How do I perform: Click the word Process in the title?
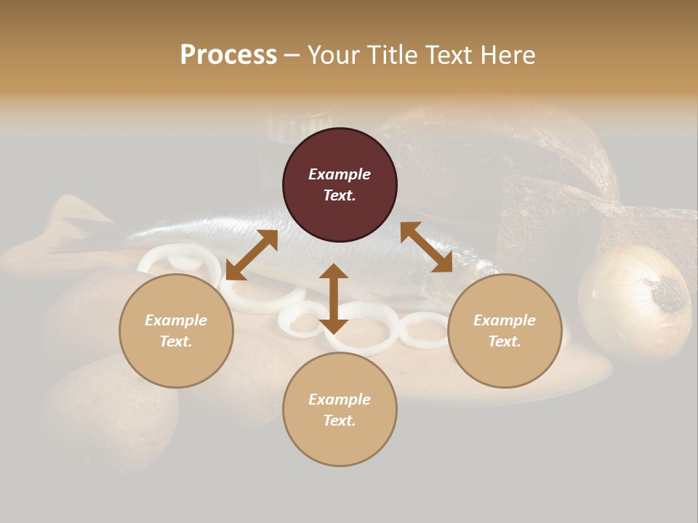coord(228,55)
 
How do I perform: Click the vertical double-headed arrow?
coord(334,299)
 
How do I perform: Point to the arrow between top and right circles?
coord(426,247)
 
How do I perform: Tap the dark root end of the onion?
coord(670,294)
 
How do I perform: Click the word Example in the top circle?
coord(340,174)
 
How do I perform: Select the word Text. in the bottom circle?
coord(340,421)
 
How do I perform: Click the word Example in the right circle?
coord(505,320)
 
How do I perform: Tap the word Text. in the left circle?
coord(176,341)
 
